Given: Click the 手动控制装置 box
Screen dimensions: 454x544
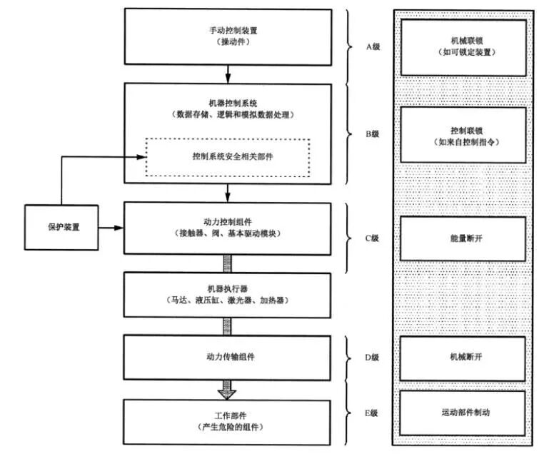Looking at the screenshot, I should [228, 36].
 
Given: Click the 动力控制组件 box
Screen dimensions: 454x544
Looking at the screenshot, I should [228, 228].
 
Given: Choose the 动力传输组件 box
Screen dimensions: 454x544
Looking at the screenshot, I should [228, 357].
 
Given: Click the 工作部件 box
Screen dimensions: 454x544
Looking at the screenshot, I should [228, 421].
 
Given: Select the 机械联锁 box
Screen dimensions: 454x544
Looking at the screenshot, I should [463, 46].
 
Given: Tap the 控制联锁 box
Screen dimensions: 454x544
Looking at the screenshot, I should [463, 136].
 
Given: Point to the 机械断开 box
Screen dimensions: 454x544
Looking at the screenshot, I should [463, 357].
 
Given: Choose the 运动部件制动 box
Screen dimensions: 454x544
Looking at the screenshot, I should [463, 412].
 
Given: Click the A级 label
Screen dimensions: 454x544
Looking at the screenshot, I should [371, 47].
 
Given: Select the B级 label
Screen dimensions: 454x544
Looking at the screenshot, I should [371, 133].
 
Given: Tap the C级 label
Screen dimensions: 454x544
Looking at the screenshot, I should [371, 238].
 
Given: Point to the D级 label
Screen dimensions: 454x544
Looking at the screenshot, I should [371, 357].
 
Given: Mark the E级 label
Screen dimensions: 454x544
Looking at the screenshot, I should [371, 412].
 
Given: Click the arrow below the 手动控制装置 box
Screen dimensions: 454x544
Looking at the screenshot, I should [228, 72].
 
